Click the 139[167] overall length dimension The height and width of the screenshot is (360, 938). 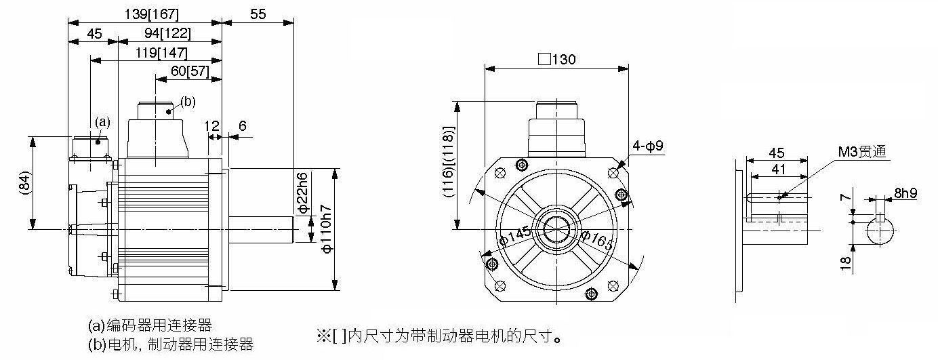[x=152, y=14]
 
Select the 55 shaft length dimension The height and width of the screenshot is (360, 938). [x=258, y=14]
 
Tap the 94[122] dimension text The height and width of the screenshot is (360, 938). [x=167, y=33]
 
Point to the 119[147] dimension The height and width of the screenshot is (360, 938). [x=161, y=53]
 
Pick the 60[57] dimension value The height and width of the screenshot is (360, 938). [x=190, y=71]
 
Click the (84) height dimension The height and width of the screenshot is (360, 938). [x=24, y=183]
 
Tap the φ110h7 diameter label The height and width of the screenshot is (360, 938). [x=327, y=229]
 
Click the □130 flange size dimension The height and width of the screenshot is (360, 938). [x=557, y=59]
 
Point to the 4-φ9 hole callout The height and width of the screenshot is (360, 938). [x=648, y=146]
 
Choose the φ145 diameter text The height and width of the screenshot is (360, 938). [x=516, y=235]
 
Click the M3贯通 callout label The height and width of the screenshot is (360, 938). [x=862, y=151]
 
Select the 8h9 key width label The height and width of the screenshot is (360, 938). [x=905, y=193]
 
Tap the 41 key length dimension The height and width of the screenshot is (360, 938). [x=779, y=169]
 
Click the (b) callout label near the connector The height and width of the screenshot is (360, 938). [x=188, y=102]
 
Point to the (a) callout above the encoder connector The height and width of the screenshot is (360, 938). [x=102, y=122]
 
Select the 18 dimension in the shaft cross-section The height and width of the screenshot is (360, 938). [x=846, y=263]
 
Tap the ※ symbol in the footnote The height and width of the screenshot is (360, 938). [x=324, y=336]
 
